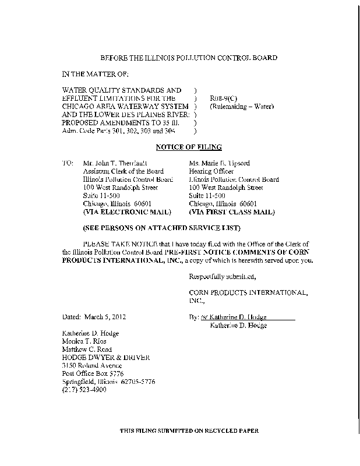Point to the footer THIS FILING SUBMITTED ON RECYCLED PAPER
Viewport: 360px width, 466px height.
tap(188, 430)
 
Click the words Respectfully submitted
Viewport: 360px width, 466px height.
tap(223, 276)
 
